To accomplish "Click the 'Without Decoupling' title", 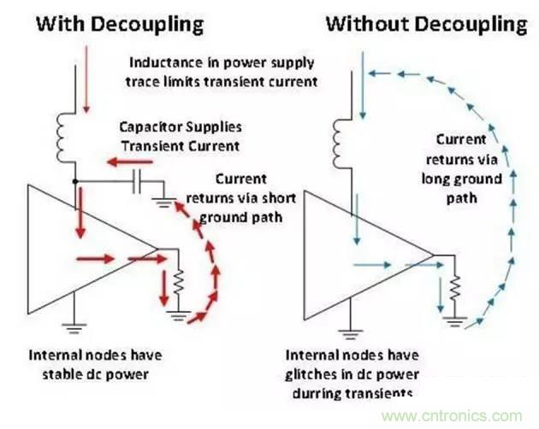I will tap(425, 23).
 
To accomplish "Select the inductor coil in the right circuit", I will tap(341, 140).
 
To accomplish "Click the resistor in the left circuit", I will tap(179, 279).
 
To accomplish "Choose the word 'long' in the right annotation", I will tap(436, 179).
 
